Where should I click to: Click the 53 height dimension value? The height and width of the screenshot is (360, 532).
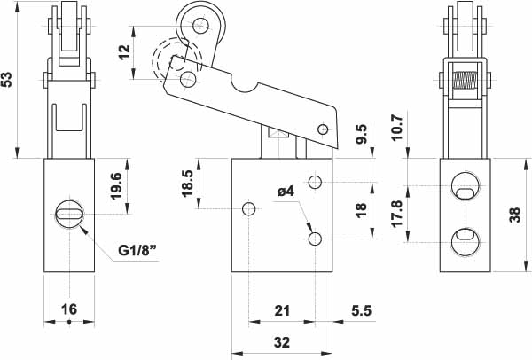pyautogui.click(x=9, y=79)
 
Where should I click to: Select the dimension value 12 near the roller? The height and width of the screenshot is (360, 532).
pyautogui.click(x=123, y=51)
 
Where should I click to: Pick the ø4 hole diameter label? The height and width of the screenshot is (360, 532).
pyautogui.click(x=286, y=191)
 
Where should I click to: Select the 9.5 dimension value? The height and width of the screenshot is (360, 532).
pyautogui.click(x=360, y=134)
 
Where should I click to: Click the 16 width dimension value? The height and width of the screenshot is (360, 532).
pyautogui.click(x=68, y=309)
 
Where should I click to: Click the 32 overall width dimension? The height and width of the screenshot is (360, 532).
pyautogui.click(x=282, y=342)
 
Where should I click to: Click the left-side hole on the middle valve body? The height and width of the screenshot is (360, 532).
pyautogui.click(x=249, y=209)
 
